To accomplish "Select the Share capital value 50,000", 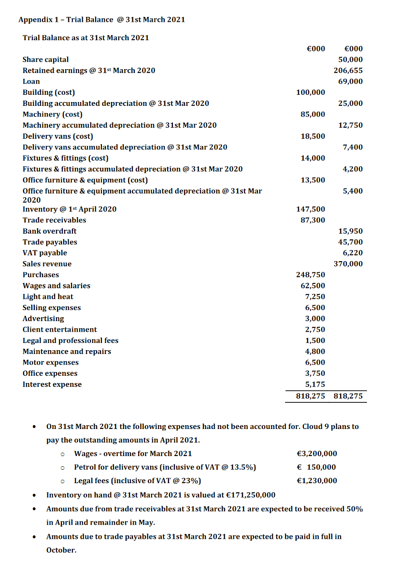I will (x=351, y=59).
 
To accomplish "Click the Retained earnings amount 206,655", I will (x=348, y=71).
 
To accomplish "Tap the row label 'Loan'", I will (x=31, y=81).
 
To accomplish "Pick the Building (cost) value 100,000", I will (x=311, y=92).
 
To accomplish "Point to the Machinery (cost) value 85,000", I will (x=313, y=114).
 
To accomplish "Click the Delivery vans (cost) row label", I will (x=58, y=136).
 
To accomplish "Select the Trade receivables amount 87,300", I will (x=313, y=220).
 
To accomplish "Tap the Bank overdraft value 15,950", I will (x=351, y=231).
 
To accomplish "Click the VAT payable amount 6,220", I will (x=353, y=253).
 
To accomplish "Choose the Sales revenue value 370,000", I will (x=348, y=264).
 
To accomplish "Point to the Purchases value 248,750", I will (x=311, y=275).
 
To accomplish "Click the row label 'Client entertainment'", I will (x=59, y=330).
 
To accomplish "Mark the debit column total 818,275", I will (x=311, y=397).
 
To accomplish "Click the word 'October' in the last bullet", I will (x=61, y=550).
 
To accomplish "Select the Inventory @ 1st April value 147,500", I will (x=311, y=209).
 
